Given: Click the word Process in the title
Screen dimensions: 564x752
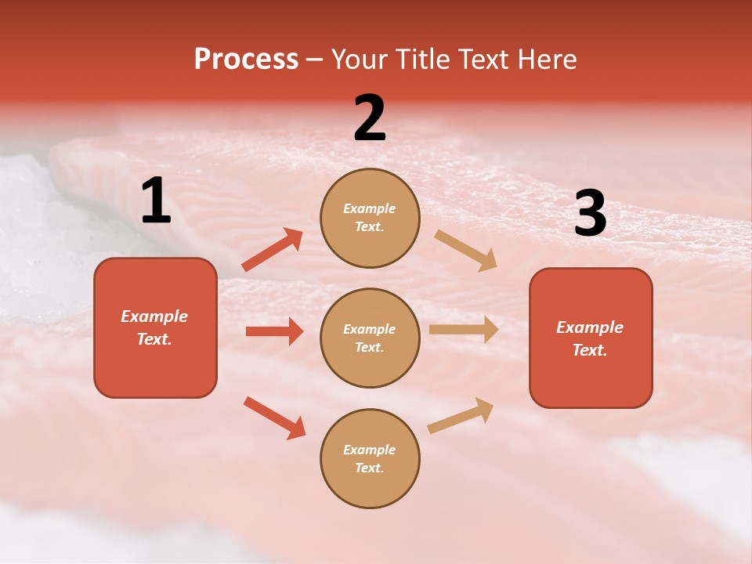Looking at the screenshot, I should [x=246, y=60].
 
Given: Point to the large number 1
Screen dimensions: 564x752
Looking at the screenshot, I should [x=156, y=201].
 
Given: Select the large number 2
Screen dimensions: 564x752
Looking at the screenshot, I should [x=370, y=118].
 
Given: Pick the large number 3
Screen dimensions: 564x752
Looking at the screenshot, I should [x=590, y=214].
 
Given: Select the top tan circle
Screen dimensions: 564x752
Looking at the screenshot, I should [x=370, y=218].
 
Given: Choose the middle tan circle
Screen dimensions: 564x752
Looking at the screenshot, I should [x=370, y=338].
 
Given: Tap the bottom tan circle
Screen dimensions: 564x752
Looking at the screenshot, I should [x=370, y=458].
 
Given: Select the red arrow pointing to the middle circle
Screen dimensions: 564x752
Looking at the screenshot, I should [x=274, y=331].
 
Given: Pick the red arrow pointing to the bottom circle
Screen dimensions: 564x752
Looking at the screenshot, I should [x=275, y=418].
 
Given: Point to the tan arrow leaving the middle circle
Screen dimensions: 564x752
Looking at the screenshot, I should [x=464, y=330].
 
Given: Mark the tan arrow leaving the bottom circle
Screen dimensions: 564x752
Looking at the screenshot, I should [x=461, y=415].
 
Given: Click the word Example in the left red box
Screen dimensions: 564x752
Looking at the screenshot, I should [x=154, y=316].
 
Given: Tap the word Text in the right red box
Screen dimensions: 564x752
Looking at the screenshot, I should [x=589, y=350].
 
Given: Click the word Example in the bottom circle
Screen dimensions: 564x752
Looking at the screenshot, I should [x=369, y=450].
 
